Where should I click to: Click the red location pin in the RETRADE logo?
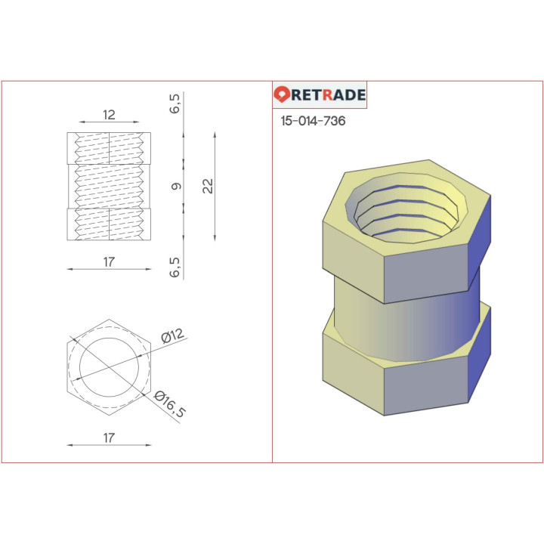tap(283, 95)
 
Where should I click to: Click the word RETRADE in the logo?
tap(329, 95)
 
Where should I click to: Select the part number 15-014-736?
tap(313, 121)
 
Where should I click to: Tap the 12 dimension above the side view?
tap(109, 115)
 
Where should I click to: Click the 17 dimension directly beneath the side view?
tap(109, 261)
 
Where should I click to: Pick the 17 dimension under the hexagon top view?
tap(109, 437)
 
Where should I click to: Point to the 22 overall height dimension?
tap(209, 186)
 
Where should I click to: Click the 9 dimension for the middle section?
tap(176, 186)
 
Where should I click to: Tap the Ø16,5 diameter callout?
tap(169, 405)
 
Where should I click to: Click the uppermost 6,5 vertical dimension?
tap(175, 104)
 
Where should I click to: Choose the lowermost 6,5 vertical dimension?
tap(175, 267)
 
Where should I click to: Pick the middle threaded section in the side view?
tap(109, 186)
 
